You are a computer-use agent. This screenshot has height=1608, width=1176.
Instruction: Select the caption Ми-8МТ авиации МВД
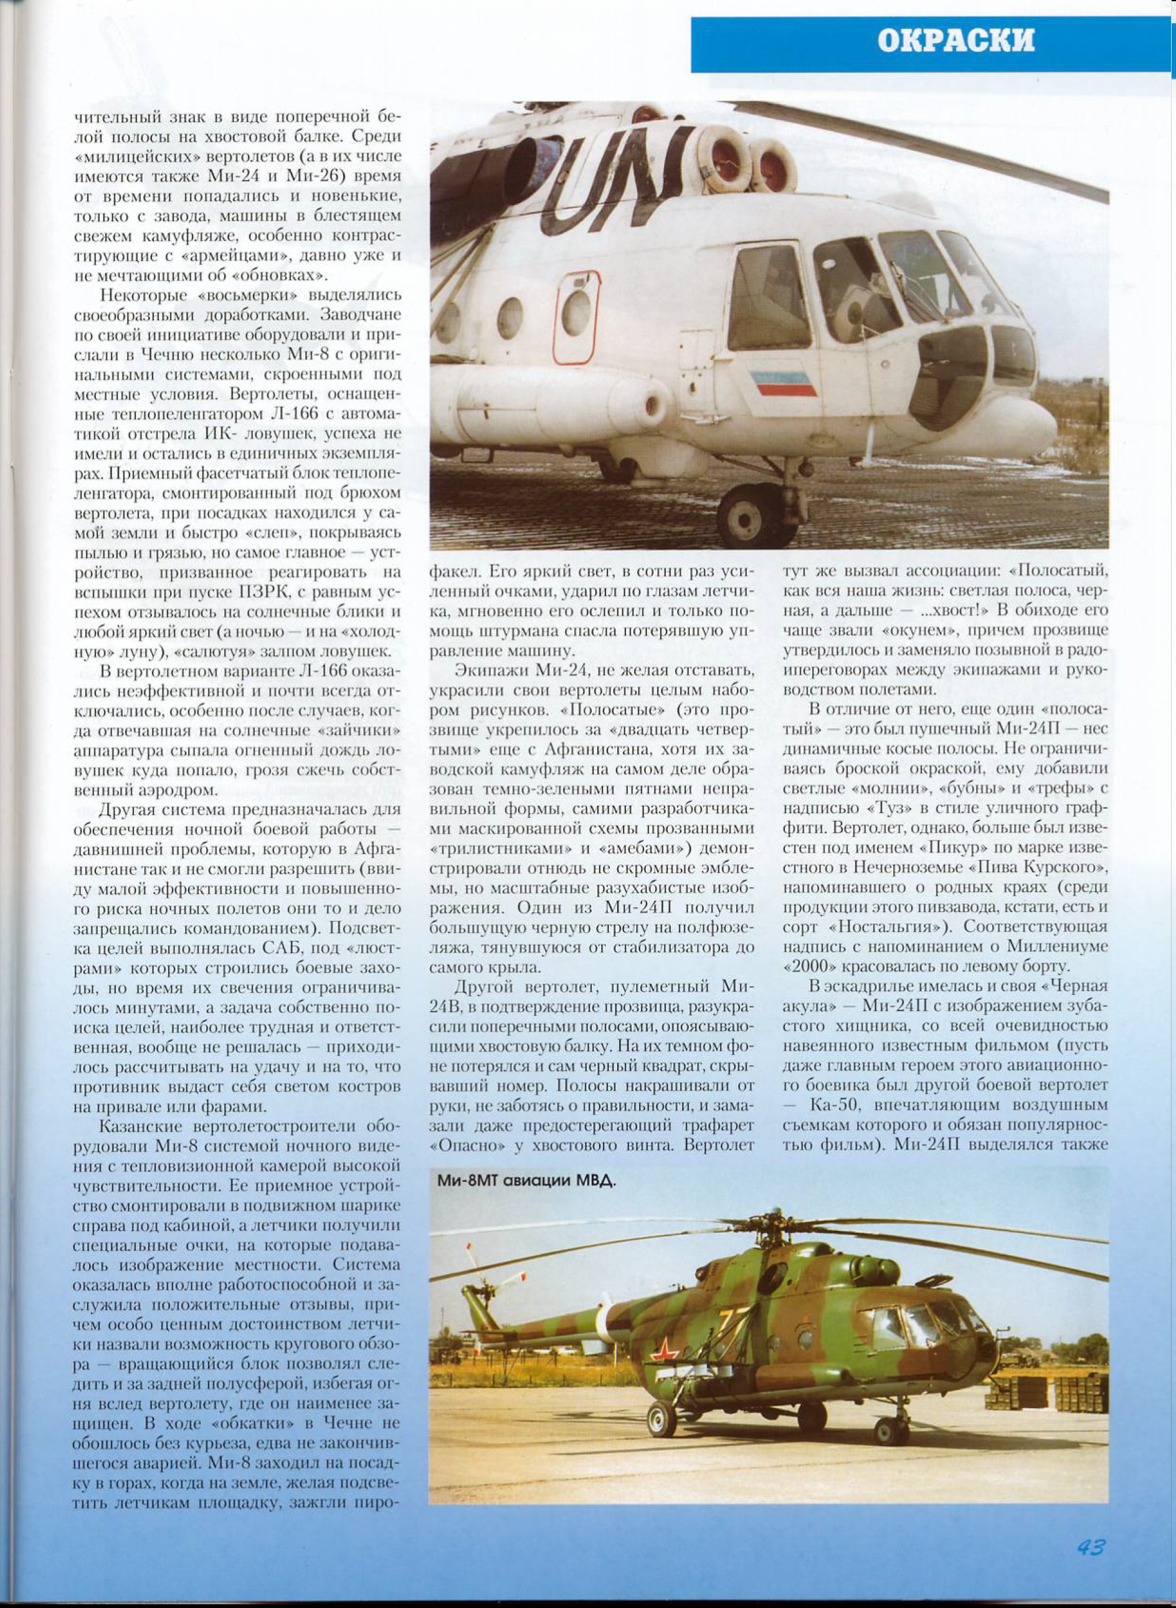pos(527,1181)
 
